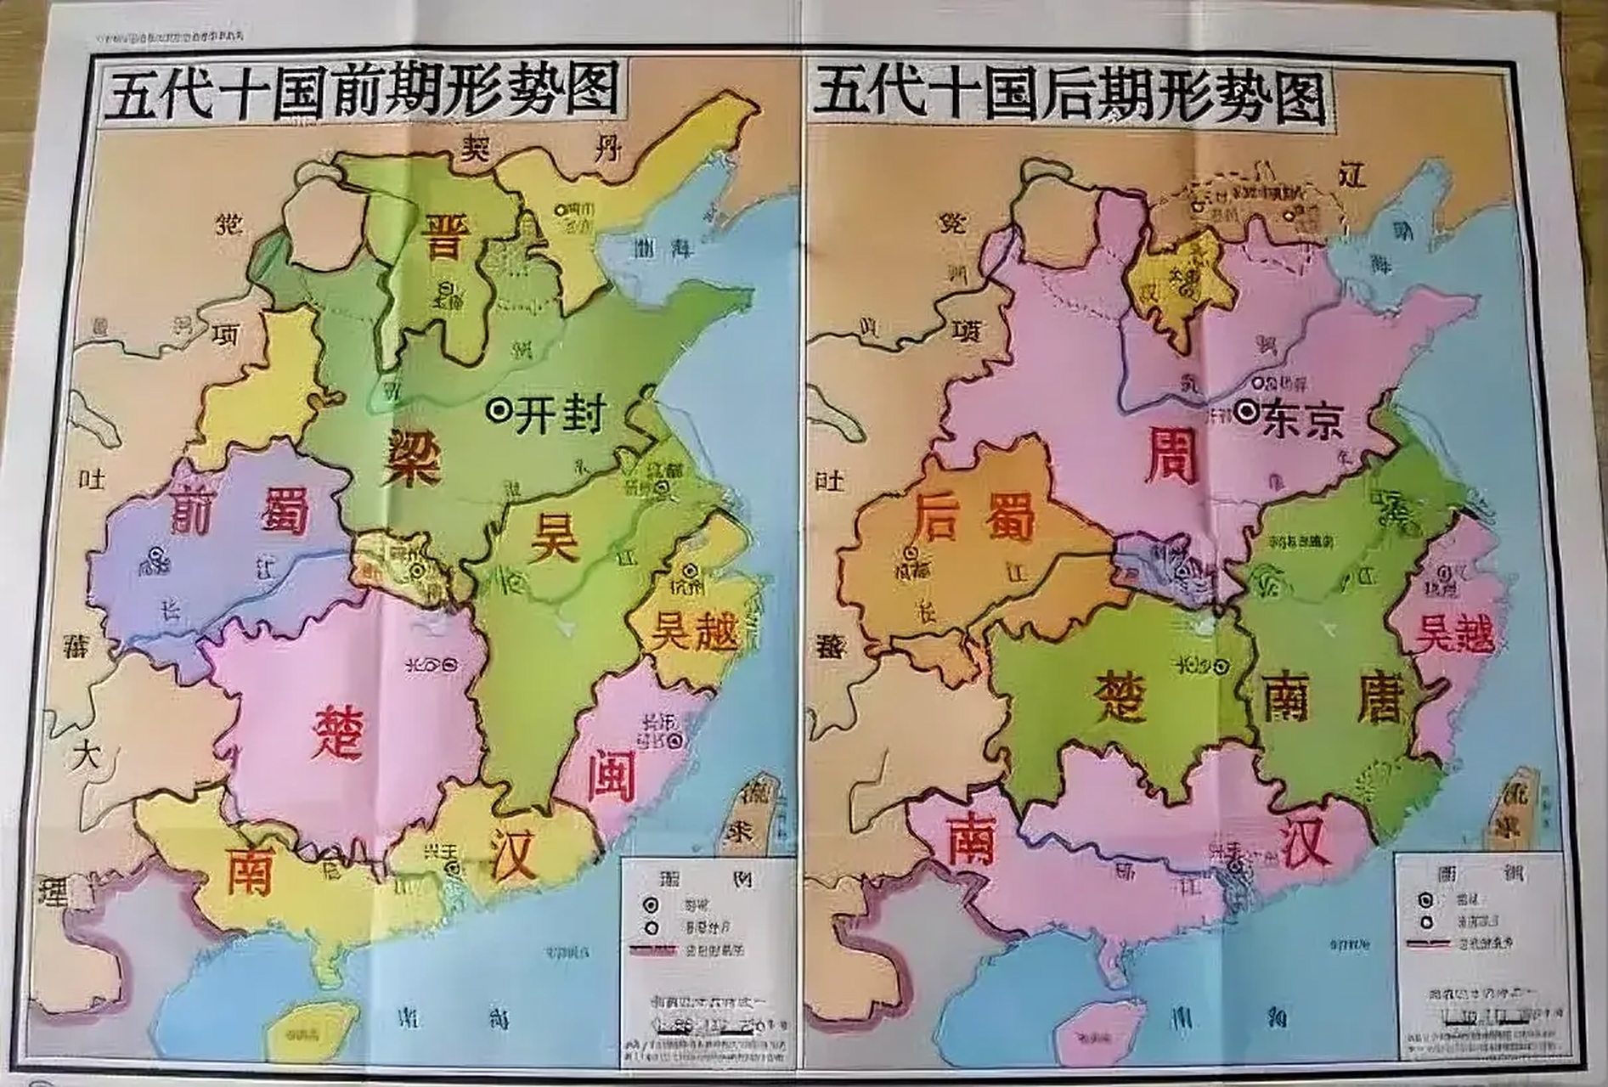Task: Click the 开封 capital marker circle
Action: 499,411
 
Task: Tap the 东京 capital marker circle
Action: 1247,413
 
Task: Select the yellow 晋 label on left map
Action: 443,235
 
